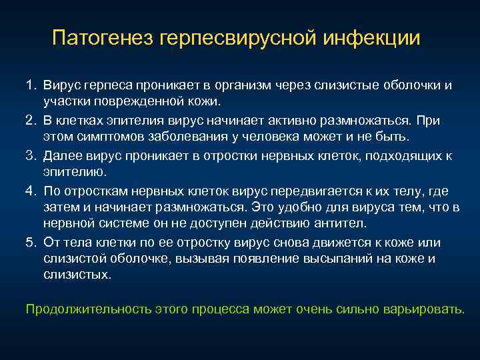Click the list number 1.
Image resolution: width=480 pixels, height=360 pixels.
pyautogui.click(x=31, y=86)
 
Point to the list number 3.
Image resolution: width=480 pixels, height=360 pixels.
pyautogui.click(x=31, y=155)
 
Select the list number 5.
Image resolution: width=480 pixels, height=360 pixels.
pyautogui.click(x=31, y=242)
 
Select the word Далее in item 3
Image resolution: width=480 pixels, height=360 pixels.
pyautogui.click(x=61, y=155)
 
